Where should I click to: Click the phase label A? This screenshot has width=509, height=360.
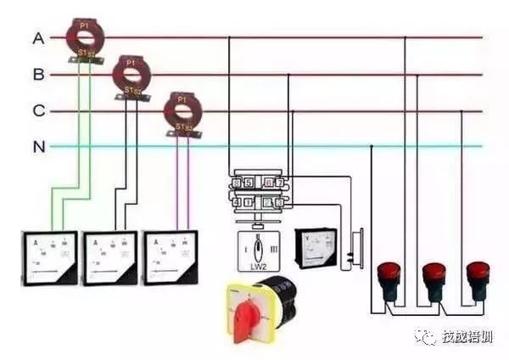click(38, 38)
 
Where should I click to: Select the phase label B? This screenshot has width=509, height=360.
click(38, 75)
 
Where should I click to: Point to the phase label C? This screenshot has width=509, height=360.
click(38, 111)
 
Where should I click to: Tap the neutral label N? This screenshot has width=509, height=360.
click(38, 147)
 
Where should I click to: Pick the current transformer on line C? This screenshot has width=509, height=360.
click(180, 111)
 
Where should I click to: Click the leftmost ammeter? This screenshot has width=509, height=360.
click(48, 256)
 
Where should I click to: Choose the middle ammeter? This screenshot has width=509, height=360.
click(109, 256)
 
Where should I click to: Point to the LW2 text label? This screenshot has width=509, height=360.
click(256, 265)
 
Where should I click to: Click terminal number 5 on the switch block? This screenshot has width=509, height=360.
click(247, 182)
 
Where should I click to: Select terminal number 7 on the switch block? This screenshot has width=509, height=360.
click(278, 182)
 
